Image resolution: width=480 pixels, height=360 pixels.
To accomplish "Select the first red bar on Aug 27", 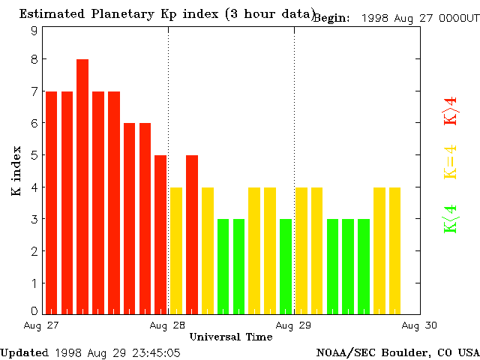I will point(51,202).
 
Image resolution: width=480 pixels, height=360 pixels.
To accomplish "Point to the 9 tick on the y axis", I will point(34,31).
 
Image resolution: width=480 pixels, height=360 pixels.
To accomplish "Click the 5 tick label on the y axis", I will point(34,155).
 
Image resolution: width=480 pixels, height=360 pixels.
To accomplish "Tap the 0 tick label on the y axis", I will point(34,310).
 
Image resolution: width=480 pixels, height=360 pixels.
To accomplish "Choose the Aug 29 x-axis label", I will point(293,325).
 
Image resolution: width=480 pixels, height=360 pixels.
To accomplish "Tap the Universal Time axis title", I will point(230,337).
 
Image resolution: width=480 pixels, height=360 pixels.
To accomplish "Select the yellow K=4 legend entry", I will point(450,163).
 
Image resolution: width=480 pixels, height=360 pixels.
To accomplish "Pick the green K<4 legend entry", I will point(450,219).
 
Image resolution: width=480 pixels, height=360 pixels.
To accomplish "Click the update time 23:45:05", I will point(154,352).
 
